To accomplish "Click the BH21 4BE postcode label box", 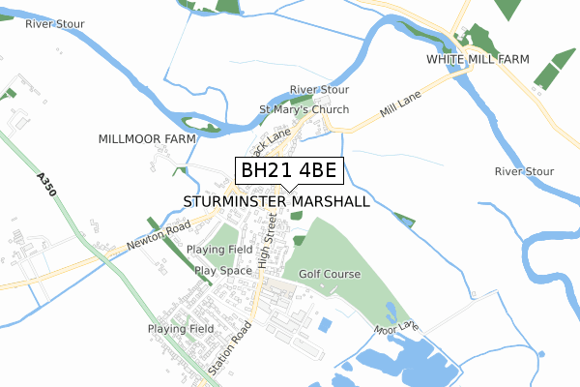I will pos(288,171).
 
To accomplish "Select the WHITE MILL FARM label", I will pos(478,60).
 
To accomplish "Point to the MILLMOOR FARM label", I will pos(147,139).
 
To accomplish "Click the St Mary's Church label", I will pos(304,109).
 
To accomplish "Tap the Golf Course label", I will pos(329,275).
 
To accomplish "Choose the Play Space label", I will pos(223,271).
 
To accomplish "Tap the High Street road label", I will pos(268,243).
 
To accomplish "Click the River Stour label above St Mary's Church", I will pos(319,90).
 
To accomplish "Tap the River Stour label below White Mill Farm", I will pos(524,171).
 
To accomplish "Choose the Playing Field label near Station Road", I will pos(181,329).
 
